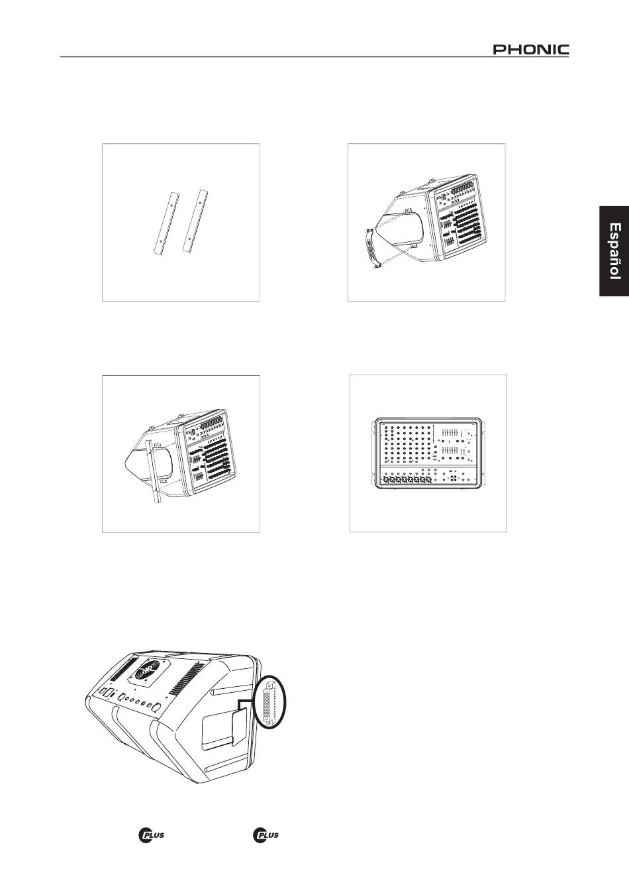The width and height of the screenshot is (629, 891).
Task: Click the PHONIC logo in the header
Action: pyautogui.click(x=531, y=49)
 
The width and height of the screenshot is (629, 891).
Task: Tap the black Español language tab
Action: pyautogui.click(x=614, y=251)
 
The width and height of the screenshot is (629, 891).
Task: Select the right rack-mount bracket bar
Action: pyautogui.click(x=195, y=221)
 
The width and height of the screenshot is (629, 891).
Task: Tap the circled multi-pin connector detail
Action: pyautogui.click(x=269, y=705)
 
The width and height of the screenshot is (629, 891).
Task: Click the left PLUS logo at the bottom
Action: pyautogui.click(x=151, y=835)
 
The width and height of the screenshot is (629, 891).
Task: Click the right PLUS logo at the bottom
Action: pyautogui.click(x=266, y=835)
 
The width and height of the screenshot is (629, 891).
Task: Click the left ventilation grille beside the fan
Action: pyautogui.click(x=121, y=666)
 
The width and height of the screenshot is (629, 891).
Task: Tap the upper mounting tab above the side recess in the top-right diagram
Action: pyautogui.click(x=406, y=210)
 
